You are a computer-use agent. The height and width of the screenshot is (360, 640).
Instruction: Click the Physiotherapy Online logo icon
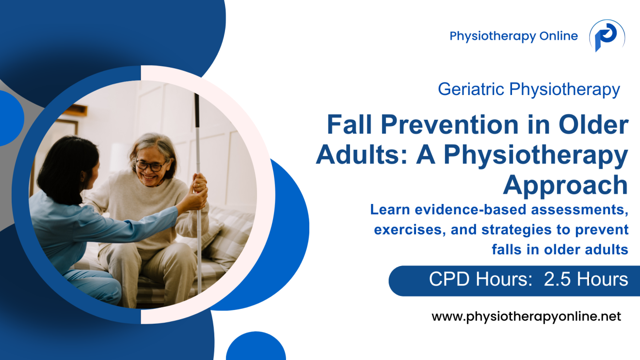(606, 36)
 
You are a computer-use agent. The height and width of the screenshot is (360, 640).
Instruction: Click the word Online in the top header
(558, 36)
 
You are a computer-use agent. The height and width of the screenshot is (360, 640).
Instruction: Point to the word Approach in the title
(565, 185)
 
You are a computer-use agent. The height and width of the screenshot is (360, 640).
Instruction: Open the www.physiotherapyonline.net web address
(526, 317)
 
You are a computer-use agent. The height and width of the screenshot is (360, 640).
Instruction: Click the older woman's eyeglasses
(150, 166)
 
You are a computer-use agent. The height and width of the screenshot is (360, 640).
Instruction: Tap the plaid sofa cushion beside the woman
(228, 237)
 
